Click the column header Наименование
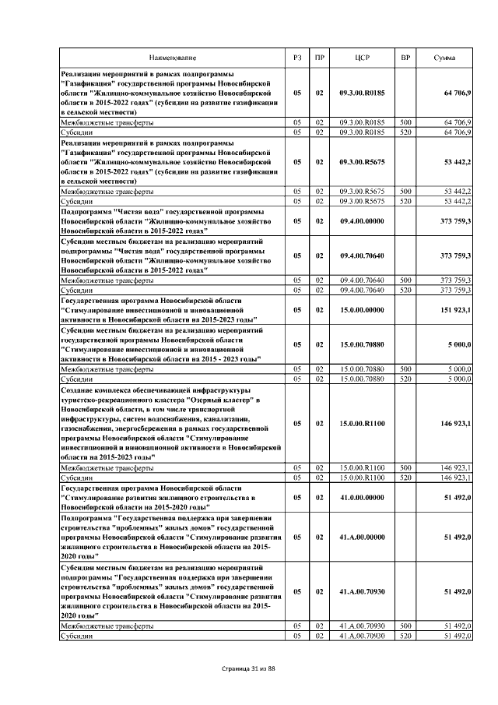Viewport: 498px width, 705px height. tap(174, 58)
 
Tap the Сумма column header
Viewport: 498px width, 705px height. tap(445, 58)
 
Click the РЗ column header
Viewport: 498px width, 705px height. tap(297, 58)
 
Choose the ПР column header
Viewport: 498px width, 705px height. tap(319, 58)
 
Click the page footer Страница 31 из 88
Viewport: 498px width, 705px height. tap(249, 670)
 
